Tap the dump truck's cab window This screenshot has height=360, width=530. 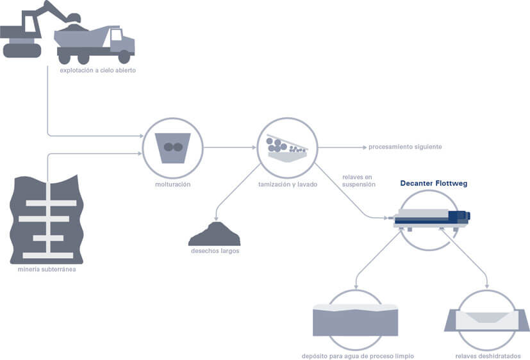click(x=116, y=36)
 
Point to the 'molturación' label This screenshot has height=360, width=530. click(x=172, y=184)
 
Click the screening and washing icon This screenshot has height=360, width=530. click(x=286, y=147)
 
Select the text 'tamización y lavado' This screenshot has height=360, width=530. click(x=287, y=184)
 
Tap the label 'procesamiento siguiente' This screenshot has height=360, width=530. click(x=405, y=147)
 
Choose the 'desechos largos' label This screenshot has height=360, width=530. click(x=215, y=251)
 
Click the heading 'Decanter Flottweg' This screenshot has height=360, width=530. click(x=434, y=183)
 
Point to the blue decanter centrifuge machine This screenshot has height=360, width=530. click(x=433, y=218)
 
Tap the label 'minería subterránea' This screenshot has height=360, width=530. click(x=48, y=268)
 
